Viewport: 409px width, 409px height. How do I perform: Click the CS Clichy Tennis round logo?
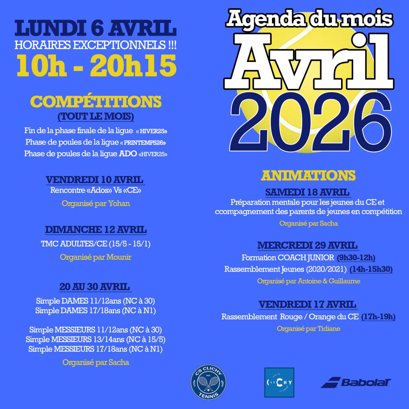[208, 383]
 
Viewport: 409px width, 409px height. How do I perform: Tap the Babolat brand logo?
[356, 382]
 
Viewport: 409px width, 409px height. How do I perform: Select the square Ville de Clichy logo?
[279, 382]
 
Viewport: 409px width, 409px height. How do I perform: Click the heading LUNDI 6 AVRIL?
[95, 29]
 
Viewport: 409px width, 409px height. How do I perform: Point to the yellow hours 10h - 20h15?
[97, 66]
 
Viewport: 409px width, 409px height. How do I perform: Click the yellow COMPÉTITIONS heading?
[96, 102]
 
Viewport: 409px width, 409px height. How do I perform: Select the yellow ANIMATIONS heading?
[308, 176]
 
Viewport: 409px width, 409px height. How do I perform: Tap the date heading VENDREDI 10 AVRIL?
[95, 180]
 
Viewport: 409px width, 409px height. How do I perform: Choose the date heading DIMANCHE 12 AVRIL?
[96, 230]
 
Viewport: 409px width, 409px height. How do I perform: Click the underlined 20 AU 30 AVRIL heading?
[95, 287]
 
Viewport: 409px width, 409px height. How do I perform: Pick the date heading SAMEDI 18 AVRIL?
[307, 192]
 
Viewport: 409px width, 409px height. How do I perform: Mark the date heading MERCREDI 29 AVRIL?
[307, 245]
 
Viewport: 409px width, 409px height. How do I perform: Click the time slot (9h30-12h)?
[356, 258]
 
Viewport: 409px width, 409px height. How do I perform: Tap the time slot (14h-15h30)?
[371, 269]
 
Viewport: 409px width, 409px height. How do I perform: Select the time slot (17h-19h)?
[378, 317]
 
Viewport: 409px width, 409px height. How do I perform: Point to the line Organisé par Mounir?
[96, 257]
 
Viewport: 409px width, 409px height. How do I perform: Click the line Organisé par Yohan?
[96, 203]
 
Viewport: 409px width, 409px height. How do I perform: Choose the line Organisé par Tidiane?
[308, 329]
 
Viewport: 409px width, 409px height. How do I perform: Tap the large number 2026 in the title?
[310, 121]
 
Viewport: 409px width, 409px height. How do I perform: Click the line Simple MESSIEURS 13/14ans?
[96, 339]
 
